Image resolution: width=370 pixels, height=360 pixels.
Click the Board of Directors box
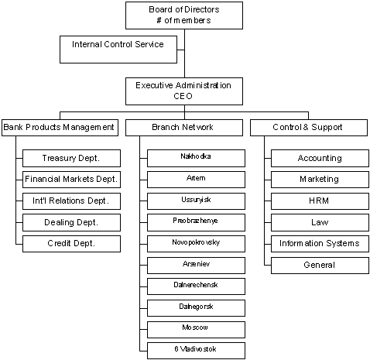click(183, 14)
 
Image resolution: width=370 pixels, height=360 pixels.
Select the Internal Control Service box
click(118, 49)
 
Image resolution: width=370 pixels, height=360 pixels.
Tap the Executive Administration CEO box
click(183, 91)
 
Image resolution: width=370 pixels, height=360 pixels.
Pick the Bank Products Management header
click(59, 127)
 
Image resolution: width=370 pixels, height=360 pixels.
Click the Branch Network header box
click(183, 127)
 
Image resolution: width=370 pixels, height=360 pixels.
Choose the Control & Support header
click(308, 127)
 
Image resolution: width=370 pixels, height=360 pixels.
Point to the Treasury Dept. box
click(71, 158)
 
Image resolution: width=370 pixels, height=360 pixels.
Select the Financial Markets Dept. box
click(71, 180)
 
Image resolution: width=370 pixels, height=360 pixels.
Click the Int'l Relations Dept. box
click(71, 201)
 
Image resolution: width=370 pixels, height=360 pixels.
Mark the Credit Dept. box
click(71, 244)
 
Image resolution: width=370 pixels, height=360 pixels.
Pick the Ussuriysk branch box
click(197, 201)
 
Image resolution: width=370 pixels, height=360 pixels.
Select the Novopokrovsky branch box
click(197, 243)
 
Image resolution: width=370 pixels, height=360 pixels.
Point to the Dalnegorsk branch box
click(197, 307)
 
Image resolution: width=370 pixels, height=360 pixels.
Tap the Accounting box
click(320, 158)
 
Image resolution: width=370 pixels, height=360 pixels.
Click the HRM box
click(320, 201)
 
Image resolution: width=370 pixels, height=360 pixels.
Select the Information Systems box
click(320, 244)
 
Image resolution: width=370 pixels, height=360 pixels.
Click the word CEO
click(183, 97)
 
